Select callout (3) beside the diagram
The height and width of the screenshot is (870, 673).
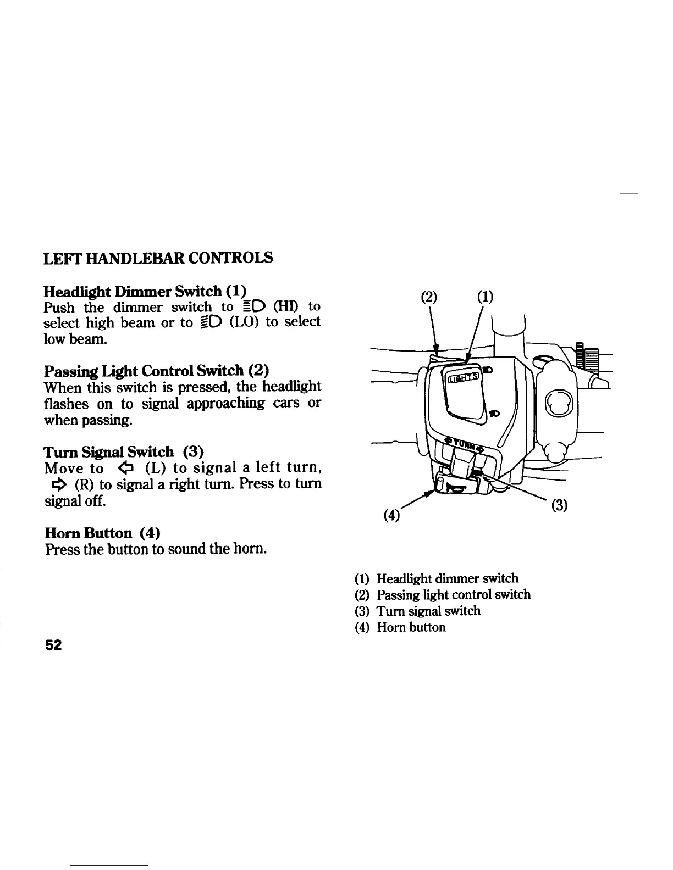tap(559, 505)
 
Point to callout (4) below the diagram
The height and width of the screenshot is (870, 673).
tap(392, 516)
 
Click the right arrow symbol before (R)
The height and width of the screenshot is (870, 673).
tap(59, 484)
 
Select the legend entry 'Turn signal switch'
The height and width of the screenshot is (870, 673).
tap(428, 611)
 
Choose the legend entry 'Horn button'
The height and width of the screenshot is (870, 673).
tap(411, 627)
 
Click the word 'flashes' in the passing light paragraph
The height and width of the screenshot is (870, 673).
tap(65, 404)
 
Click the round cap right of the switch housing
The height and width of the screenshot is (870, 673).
tap(559, 405)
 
